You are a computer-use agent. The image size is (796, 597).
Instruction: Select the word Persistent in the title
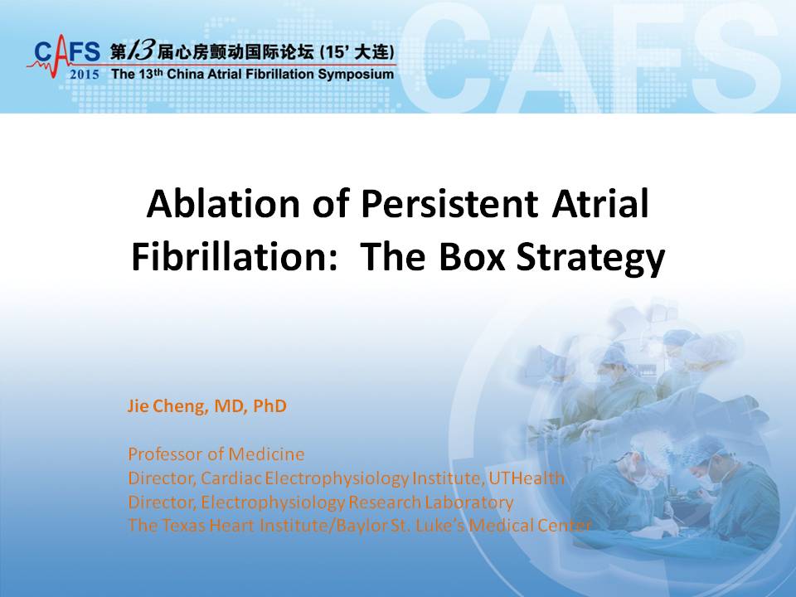pyautogui.click(x=449, y=204)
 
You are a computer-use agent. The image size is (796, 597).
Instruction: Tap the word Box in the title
pyautogui.click(x=472, y=256)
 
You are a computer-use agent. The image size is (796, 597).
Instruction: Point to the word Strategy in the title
pyautogui.click(x=590, y=260)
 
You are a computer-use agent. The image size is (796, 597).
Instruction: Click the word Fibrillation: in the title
pyautogui.click(x=235, y=256)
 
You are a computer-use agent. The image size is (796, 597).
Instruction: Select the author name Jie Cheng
pyautogui.click(x=167, y=406)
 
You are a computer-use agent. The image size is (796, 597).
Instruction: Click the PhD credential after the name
pyautogui.click(x=269, y=405)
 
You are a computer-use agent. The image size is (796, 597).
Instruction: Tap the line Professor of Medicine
pyautogui.click(x=216, y=454)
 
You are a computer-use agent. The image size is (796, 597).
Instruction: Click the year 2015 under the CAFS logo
pyautogui.click(x=85, y=75)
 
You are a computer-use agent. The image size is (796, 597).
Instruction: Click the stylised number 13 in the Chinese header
pyautogui.click(x=139, y=51)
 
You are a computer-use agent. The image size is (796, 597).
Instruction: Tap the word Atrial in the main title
pyautogui.click(x=600, y=204)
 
